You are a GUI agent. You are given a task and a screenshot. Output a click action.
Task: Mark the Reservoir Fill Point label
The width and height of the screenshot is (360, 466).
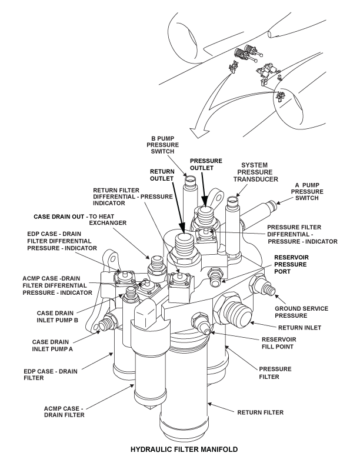(x=295, y=343)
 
